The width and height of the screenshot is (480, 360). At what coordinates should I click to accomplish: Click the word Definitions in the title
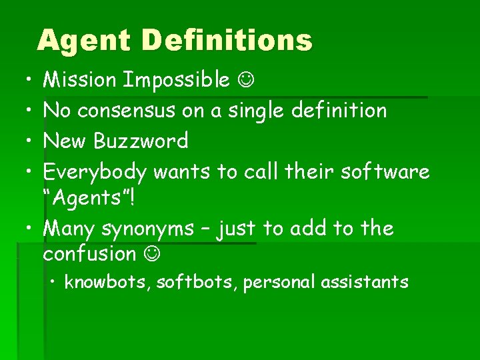pyautogui.click(x=226, y=41)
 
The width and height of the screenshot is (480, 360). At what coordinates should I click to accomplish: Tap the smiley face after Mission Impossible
pyautogui.click(x=245, y=81)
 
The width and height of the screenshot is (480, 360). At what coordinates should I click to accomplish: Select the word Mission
pyautogui.click(x=79, y=81)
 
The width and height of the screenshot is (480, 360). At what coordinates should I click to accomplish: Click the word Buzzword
pyautogui.click(x=141, y=141)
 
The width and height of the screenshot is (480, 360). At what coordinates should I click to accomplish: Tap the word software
pyautogui.click(x=385, y=172)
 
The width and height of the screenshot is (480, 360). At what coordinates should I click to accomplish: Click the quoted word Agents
pyautogui.click(x=89, y=198)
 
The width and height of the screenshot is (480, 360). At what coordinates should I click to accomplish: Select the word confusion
pyautogui.click(x=89, y=254)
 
